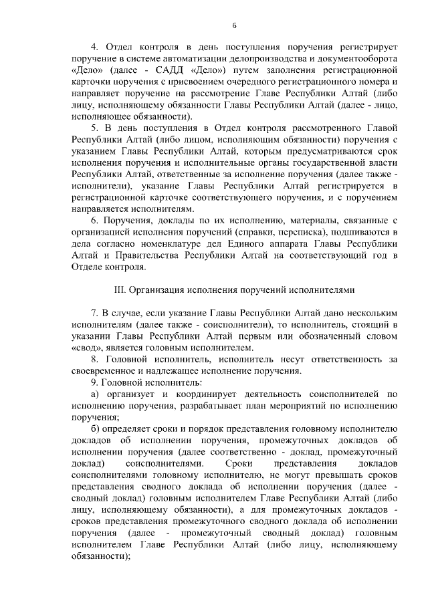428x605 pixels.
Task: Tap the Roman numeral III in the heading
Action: pos(122,290)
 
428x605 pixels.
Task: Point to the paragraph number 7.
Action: pos(94,314)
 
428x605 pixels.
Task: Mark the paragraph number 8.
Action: pos(94,360)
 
